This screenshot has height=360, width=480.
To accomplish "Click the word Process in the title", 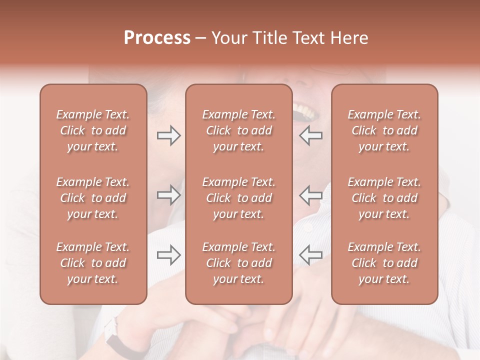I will pos(157,38).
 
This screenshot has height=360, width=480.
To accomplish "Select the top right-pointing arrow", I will pos(168,135).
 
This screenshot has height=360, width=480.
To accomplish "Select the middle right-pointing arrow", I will pos(168,195).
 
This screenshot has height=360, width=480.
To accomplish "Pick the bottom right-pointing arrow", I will pos(168,255).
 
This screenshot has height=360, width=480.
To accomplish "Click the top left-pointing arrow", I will pos(310,135).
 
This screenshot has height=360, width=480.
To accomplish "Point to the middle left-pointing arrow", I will pos(310,195).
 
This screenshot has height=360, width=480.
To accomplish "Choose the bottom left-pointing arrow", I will pos(310,255).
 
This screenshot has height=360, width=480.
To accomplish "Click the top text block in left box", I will pos(93,130).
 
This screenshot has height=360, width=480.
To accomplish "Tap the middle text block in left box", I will pos(93,198).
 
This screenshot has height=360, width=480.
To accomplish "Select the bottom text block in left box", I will pos(93,263).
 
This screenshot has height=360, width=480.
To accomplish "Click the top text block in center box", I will pos(238,130).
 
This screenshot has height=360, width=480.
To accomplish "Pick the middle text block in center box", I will pos(238,198).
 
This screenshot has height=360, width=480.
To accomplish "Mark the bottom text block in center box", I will pos(238,263).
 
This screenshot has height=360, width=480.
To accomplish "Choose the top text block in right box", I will pos(384,130).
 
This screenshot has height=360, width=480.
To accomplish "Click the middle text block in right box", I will pos(384,198).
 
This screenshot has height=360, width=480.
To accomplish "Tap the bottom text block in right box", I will pos(384,263).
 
